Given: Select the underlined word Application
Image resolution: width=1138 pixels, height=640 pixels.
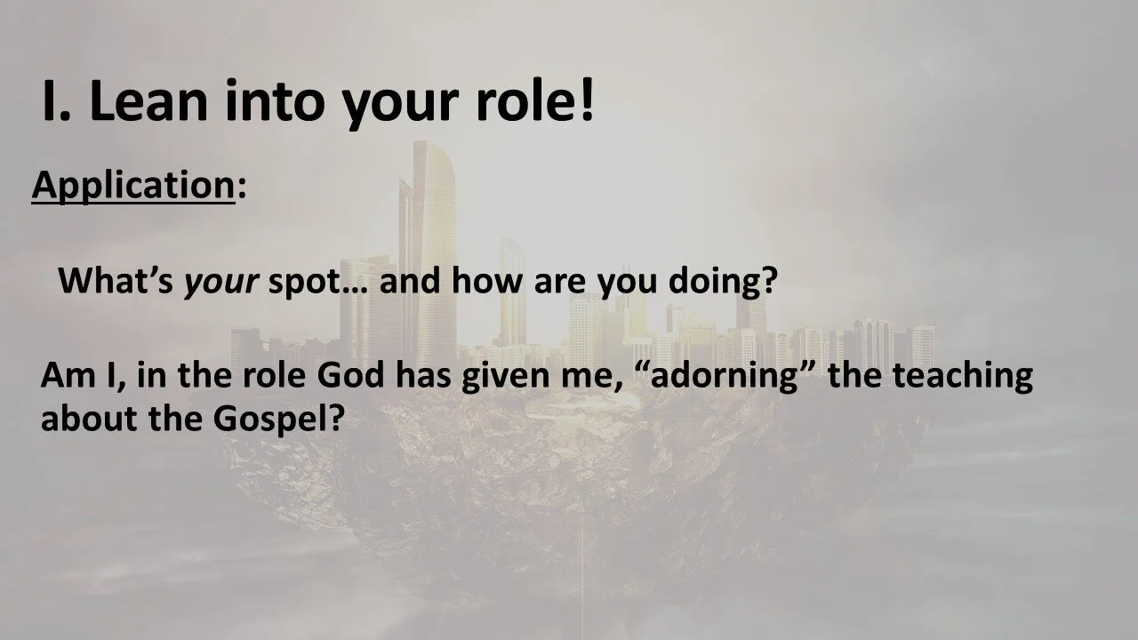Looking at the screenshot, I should [132, 186].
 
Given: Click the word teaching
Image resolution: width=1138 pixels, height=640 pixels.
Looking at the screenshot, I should [962, 376].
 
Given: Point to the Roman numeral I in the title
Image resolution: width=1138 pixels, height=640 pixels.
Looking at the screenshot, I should [50, 103].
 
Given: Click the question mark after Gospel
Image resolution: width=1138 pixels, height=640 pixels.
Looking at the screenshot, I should [335, 417].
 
